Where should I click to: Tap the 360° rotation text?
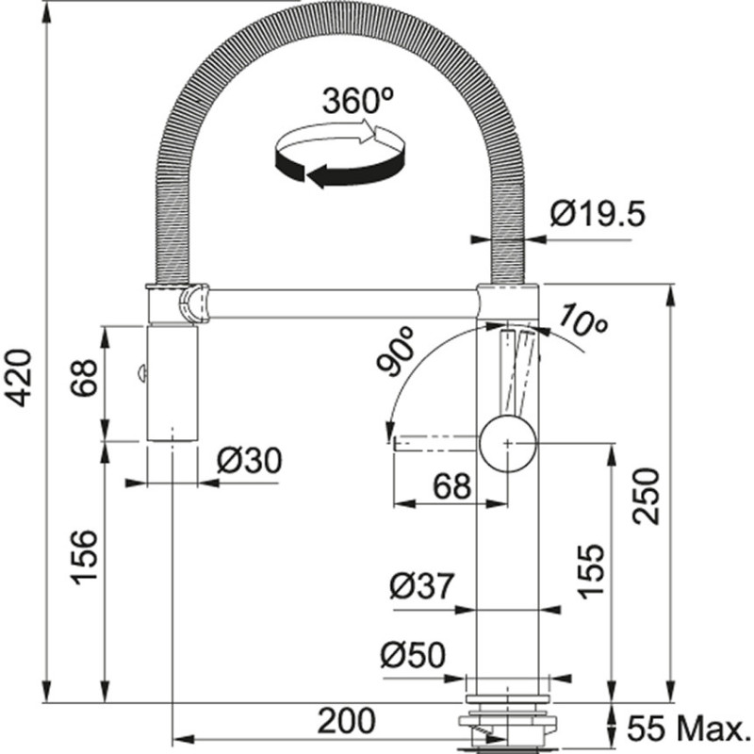click(357, 101)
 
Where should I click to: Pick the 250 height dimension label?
click(650, 496)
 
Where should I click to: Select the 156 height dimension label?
click(84, 557)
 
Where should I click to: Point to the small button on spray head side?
click(141, 374)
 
